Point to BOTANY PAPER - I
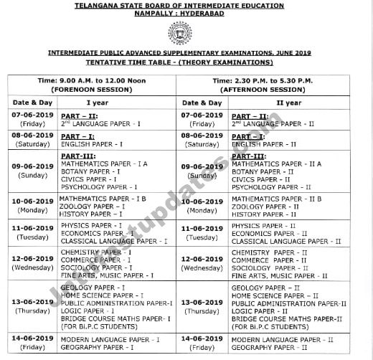pos(90,172)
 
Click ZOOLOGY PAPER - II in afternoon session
pos(266,206)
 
